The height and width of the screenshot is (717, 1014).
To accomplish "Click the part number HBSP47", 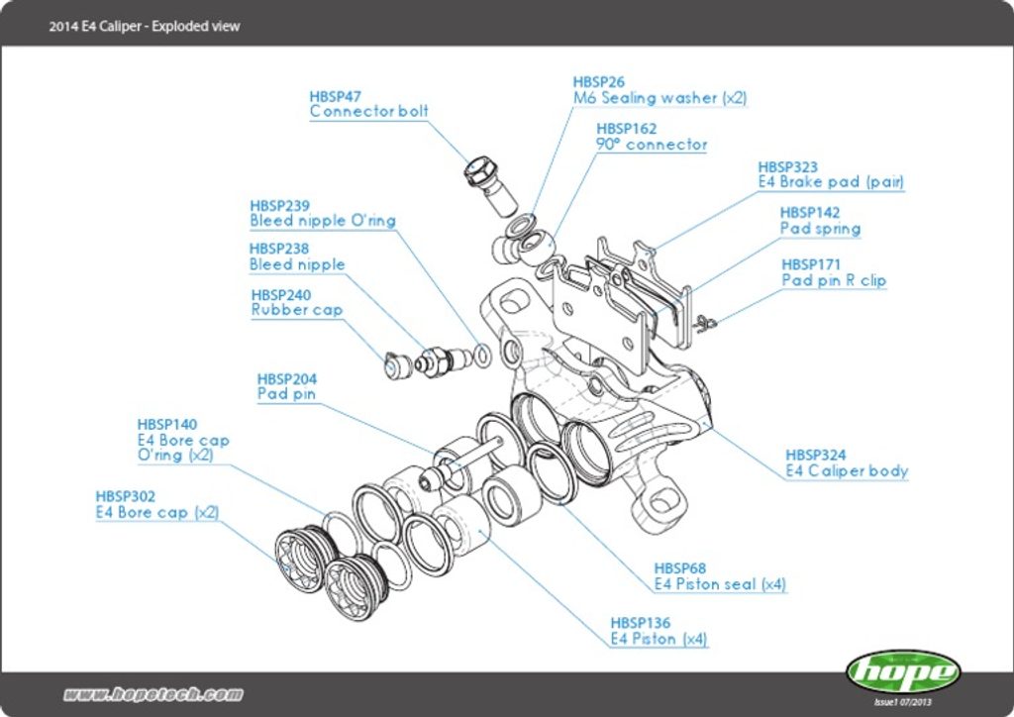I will click(335, 96).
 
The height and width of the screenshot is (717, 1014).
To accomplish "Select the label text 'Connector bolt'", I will click(368, 112).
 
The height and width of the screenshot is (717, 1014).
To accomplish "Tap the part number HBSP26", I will click(599, 82).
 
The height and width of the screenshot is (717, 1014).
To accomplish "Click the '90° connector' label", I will click(652, 145).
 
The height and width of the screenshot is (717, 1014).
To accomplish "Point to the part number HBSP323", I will click(787, 167).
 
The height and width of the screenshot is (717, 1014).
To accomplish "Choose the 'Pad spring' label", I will click(820, 229).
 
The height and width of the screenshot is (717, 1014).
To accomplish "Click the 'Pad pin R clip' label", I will click(834, 281).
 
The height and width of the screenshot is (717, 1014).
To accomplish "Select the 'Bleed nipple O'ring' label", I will click(322, 221).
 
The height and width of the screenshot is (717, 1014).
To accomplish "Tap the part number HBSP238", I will click(279, 249).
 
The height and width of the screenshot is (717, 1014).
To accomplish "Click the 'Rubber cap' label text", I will click(297, 310).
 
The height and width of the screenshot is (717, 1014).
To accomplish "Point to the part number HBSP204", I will click(287, 378).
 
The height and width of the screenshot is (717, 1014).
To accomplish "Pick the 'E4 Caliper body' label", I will click(847, 471).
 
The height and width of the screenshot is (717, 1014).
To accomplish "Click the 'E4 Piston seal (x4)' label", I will click(720, 584).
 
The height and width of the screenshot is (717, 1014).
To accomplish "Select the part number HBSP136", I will click(640, 623).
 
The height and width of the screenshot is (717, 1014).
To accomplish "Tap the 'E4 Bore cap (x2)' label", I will click(156, 513).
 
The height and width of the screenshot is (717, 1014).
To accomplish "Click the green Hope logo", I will click(902, 672).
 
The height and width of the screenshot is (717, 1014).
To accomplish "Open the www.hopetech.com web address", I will click(152, 694).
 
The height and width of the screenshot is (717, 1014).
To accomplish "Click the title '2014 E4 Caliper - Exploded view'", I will click(145, 26).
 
